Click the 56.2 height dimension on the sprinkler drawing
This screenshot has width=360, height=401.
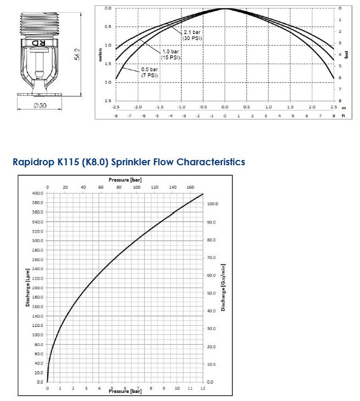tap(77, 53)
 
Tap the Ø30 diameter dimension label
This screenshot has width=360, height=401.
tap(40, 105)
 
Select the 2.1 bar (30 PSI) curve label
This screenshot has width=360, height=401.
tap(192, 35)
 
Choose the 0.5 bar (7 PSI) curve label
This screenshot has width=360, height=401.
tap(150, 73)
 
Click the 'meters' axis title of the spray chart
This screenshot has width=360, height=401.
tap(100, 55)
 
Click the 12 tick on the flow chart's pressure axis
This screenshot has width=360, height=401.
tap(203, 388)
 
